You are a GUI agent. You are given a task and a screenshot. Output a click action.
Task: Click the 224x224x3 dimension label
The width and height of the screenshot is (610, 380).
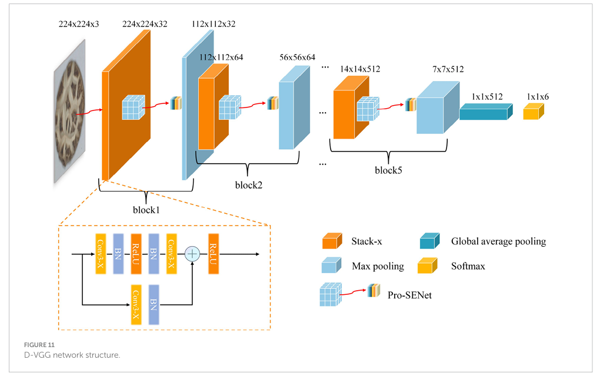click(x=78, y=24)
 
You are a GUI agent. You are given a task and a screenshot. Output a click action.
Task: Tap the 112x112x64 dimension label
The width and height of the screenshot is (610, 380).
click(x=221, y=57)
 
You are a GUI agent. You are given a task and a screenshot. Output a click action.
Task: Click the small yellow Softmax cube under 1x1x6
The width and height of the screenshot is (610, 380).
click(x=533, y=112)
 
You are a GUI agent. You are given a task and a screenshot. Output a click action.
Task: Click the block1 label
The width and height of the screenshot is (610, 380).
click(x=146, y=209)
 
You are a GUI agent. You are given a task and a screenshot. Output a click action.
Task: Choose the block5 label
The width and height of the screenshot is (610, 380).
click(x=389, y=171)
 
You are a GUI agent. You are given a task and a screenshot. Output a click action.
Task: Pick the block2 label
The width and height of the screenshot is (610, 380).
click(x=248, y=185)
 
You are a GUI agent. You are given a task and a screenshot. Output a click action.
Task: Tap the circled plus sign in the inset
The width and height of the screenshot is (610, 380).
click(x=192, y=254)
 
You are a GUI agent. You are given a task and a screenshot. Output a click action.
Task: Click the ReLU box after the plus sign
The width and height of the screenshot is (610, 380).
click(x=213, y=254)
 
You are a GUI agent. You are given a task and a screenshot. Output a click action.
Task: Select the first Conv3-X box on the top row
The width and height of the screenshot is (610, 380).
click(x=101, y=254)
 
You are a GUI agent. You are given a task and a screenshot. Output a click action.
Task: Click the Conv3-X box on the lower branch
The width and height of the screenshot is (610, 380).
click(x=136, y=305)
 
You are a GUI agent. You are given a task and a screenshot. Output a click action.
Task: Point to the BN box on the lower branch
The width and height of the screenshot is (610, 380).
click(x=154, y=305)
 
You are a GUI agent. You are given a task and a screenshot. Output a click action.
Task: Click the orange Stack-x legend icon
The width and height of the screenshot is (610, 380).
click(x=332, y=241)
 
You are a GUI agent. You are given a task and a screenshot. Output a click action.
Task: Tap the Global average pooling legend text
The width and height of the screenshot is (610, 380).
click(x=498, y=241)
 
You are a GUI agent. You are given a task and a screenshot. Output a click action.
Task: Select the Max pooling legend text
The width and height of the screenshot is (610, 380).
click(x=378, y=267)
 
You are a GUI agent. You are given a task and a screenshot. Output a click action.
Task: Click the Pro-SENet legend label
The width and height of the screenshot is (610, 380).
click(x=409, y=295)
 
